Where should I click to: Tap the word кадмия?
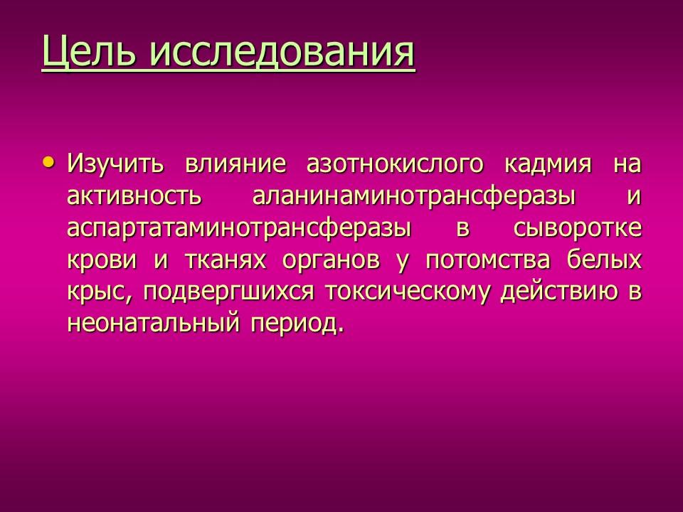coord(549,164)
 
